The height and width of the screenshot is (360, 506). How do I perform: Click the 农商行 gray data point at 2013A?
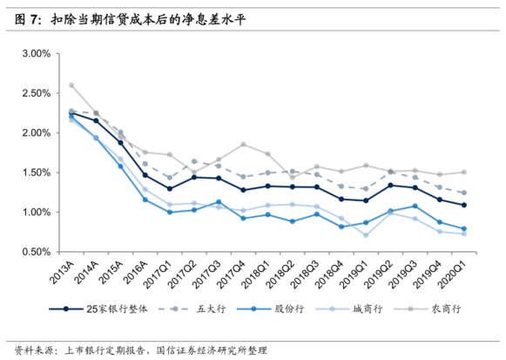coord(71,85)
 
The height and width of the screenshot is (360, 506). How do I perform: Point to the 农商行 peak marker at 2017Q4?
coord(244,145)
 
